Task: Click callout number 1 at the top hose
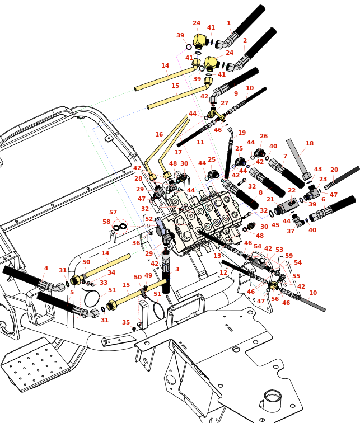pos(228,23)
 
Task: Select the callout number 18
pos(310,143)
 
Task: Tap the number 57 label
pos(113,213)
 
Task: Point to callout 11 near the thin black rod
pos(200,142)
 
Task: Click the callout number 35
pos(126,322)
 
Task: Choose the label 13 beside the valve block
pos(217,256)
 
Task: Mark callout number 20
pos(334,170)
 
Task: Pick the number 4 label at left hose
pos(46,268)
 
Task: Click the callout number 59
pos(289,256)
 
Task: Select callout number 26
pos(264,136)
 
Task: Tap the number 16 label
pos(159,134)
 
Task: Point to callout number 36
pos(136,243)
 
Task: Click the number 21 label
pos(270,200)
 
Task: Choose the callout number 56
pos(275,299)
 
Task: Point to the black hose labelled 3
pos(166,274)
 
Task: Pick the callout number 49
pos(148,275)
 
